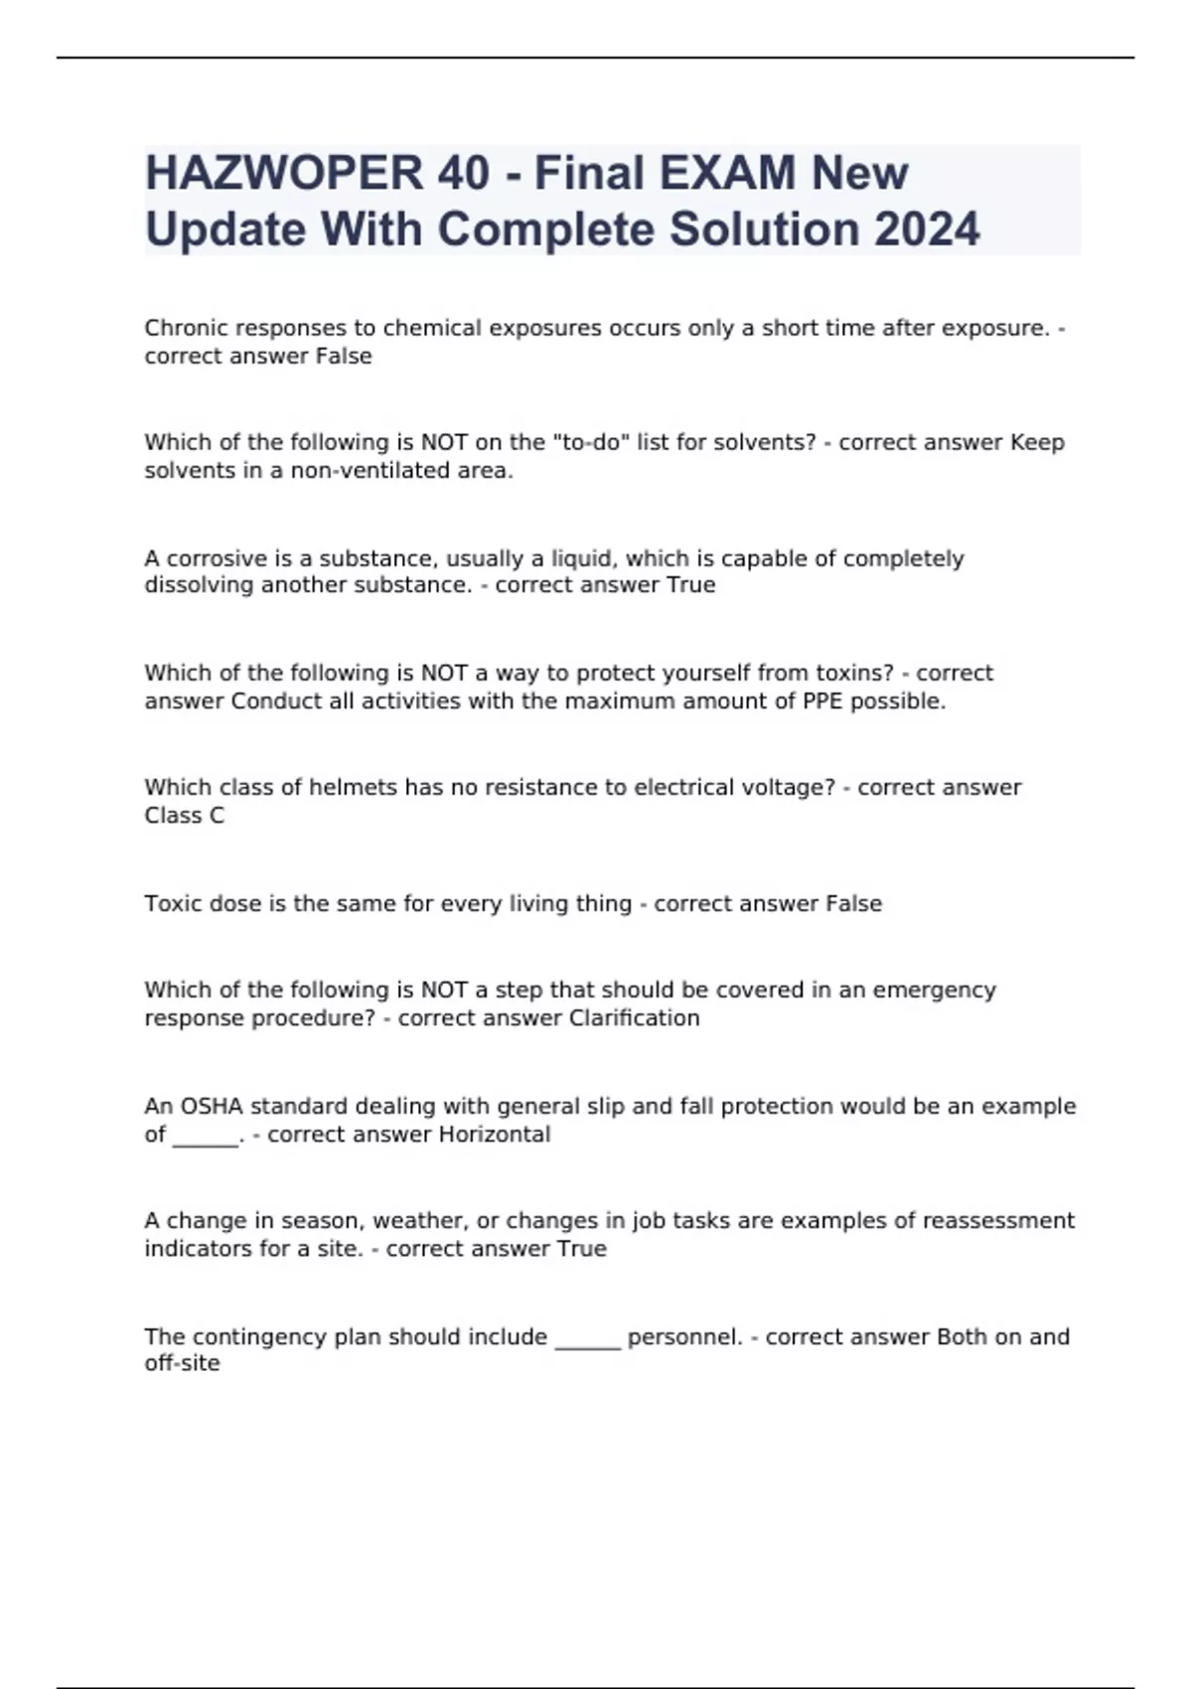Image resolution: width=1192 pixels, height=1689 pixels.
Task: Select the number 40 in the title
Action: point(462,174)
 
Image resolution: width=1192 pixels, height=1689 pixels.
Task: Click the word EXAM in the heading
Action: point(722,174)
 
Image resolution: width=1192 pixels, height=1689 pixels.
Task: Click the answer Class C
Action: point(185,816)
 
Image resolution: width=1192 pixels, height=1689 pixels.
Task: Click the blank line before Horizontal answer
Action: point(206,1139)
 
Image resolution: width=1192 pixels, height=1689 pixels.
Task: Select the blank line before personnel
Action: point(587,1341)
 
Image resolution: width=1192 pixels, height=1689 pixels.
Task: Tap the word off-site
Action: point(182,1363)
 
